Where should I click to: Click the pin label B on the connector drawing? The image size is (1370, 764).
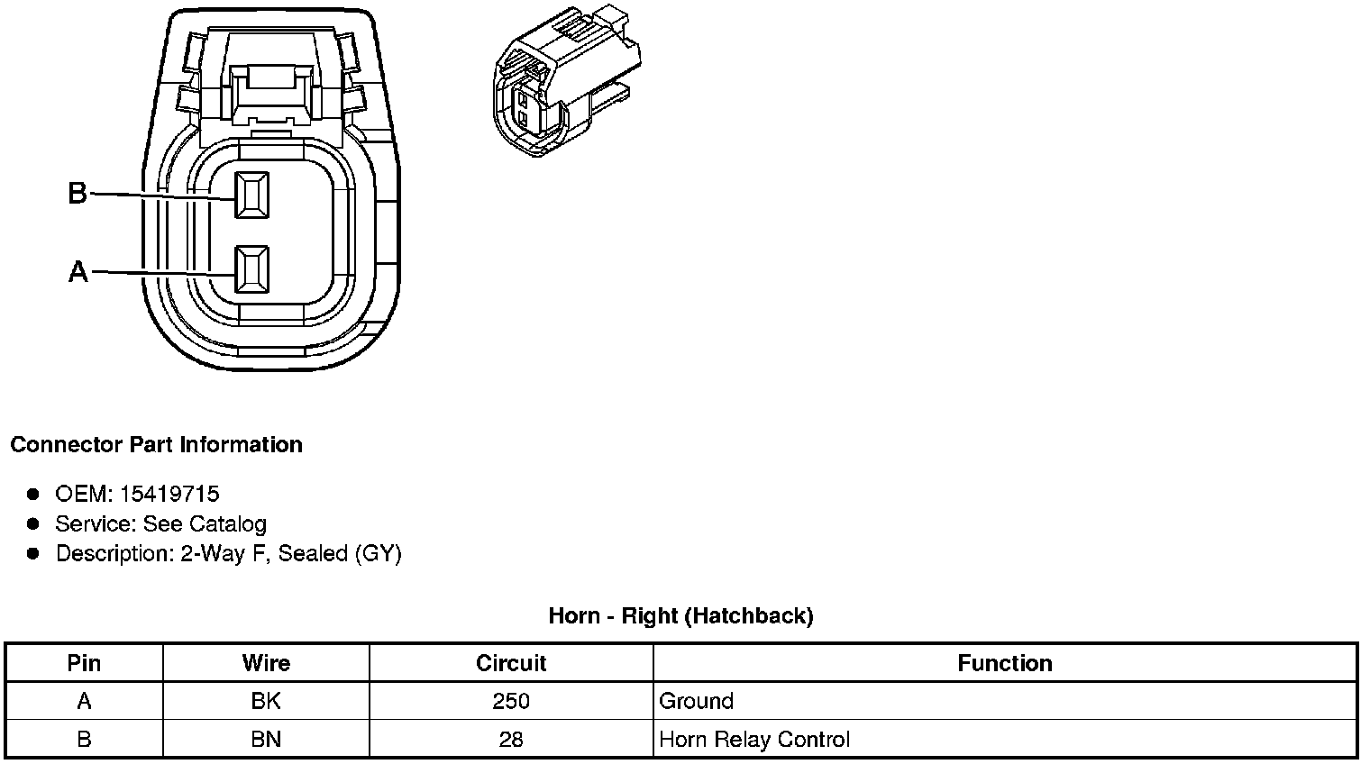pos(78,193)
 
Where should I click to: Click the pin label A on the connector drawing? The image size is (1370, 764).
pos(78,271)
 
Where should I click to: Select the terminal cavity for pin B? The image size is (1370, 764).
pos(251,195)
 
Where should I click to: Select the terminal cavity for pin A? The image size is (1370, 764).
pos(251,269)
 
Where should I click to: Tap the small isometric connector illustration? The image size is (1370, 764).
pos(567,86)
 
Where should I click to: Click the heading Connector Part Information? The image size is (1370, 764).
pos(156,445)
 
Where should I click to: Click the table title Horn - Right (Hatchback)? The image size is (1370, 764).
pos(680,615)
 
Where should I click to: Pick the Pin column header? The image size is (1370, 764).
pos(84,663)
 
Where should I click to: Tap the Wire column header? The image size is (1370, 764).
pos(266,663)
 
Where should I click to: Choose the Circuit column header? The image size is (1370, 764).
pos(511,663)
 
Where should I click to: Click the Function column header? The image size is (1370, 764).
pos(1005,663)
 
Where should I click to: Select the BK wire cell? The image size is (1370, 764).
pos(266,701)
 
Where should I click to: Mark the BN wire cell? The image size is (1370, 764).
pos(266,740)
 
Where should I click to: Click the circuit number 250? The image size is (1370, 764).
pos(511,701)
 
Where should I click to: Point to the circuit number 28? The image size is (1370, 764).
pos(511,740)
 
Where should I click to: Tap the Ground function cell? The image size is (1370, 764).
pos(697,701)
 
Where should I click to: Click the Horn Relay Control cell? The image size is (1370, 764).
pos(754,740)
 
